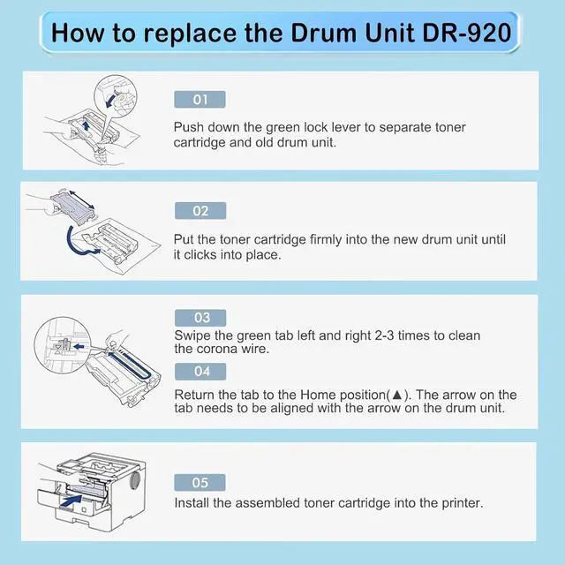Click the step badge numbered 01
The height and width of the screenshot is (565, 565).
click(200, 100)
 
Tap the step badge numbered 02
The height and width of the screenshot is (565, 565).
click(200, 211)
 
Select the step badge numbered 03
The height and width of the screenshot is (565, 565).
click(200, 318)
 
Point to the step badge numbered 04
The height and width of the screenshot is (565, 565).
click(200, 372)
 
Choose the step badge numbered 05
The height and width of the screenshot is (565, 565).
click(200, 483)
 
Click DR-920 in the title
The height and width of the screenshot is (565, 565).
click(467, 33)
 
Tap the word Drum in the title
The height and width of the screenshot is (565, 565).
click(323, 33)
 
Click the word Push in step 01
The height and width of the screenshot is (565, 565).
click(188, 127)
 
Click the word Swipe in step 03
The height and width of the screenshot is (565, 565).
click(192, 335)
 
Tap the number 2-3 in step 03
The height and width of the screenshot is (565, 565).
click(384, 335)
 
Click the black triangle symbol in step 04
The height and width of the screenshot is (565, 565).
click(396, 395)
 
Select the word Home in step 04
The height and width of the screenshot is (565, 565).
click(318, 395)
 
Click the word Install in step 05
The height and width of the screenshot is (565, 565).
click(192, 503)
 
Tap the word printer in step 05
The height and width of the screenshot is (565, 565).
click(463, 503)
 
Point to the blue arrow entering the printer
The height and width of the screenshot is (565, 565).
click(72, 501)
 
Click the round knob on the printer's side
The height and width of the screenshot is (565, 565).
click(134, 480)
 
